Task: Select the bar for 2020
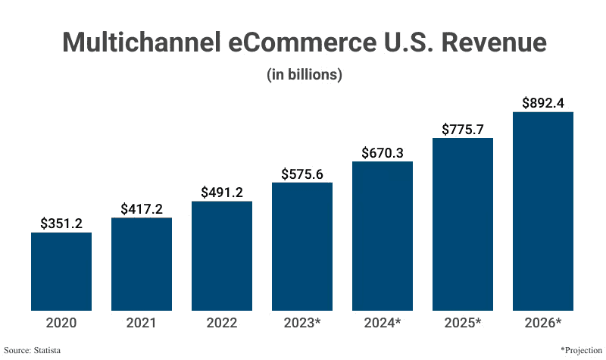[x=61, y=271]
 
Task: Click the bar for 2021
[x=142, y=264]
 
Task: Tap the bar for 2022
[x=222, y=255]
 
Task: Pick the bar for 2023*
[x=302, y=246]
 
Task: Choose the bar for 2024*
[x=383, y=236]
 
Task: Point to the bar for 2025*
[x=463, y=224]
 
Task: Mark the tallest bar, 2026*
[x=543, y=211]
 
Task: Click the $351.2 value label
[x=61, y=223]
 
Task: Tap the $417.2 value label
[x=142, y=208]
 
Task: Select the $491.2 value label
[x=222, y=192]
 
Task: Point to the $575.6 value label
[x=302, y=174]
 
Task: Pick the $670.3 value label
[x=383, y=152]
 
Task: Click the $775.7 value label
[x=463, y=129]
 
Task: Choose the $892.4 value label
[x=543, y=103]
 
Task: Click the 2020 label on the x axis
[x=61, y=323]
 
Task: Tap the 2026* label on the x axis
[x=543, y=323]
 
